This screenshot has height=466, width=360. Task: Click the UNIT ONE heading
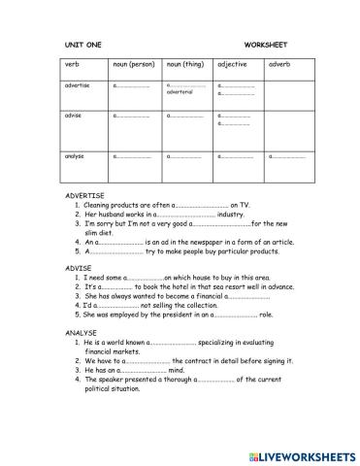tap(81, 45)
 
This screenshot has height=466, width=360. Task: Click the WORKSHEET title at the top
tap(266, 45)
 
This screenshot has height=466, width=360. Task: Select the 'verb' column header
tap(73, 64)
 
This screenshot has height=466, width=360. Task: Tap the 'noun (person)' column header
tap(133, 64)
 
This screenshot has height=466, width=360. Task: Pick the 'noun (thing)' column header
tap(186, 64)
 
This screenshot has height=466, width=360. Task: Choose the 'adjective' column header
tap(236, 64)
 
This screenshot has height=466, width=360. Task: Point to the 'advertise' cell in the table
tap(77, 84)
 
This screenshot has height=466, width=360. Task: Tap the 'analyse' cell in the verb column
tap(76, 155)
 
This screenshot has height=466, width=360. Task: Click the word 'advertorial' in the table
tap(180, 92)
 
